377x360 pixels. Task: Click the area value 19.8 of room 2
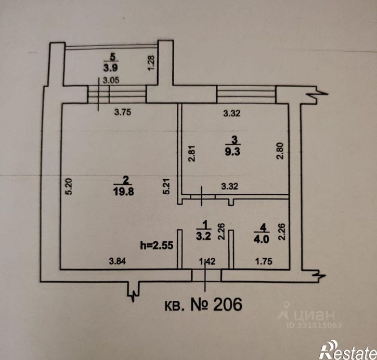[x=124, y=192]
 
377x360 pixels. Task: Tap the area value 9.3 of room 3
[x=232, y=152]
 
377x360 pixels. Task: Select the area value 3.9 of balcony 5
[x=111, y=68]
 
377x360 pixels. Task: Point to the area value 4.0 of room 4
[x=262, y=239]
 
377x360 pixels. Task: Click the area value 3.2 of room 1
[x=203, y=236]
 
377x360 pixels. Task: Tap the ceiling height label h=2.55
[x=157, y=245]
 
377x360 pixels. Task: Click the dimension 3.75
[x=123, y=112]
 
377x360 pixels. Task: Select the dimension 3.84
[x=118, y=261]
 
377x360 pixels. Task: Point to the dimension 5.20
[x=69, y=186]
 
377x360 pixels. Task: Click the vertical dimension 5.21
[x=166, y=186]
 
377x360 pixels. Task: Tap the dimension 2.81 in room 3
[x=192, y=153]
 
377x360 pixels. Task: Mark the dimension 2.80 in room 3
[x=280, y=151]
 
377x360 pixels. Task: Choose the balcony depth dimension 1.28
[x=151, y=63]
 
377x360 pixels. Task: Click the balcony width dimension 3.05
[x=111, y=80]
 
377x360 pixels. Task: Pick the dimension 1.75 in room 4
[x=264, y=261]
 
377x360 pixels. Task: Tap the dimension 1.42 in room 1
[x=207, y=261]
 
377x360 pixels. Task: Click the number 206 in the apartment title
[x=227, y=304]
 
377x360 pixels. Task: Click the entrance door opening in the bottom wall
[x=206, y=275]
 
